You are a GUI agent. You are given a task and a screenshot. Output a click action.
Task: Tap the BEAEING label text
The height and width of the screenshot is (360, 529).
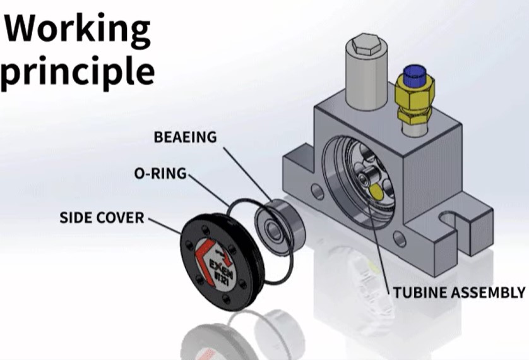point(186,136)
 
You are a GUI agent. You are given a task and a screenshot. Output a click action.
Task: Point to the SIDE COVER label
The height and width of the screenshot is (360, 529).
point(102,218)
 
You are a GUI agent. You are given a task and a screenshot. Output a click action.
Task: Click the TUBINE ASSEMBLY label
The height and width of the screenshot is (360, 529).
point(459,292)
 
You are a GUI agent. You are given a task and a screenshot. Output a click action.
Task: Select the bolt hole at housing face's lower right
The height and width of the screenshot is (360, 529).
point(399,237)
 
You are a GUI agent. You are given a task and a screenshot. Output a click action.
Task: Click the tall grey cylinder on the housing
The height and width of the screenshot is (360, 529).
point(364,79)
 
